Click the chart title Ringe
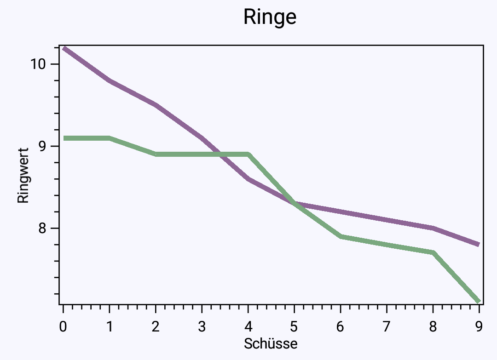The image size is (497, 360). point(270,17)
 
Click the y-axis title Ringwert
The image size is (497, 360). point(23,176)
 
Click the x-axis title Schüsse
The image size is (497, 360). point(271,343)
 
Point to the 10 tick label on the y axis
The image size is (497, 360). point(38,64)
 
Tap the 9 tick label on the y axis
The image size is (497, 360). point(42,146)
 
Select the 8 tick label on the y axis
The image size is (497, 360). point(42,228)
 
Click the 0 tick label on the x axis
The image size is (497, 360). point(63,326)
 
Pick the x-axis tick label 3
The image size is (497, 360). point(202,326)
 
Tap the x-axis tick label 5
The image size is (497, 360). point(294,326)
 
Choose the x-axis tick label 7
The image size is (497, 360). point(387,326)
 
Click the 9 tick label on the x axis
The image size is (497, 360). point(479,326)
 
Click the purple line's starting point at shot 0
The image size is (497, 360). point(64,48)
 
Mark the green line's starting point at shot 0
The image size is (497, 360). point(64,138)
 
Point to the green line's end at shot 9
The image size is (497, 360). point(479,301)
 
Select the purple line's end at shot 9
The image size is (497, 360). point(479,244)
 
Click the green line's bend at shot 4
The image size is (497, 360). point(248,154)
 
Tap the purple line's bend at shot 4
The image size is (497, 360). point(248,179)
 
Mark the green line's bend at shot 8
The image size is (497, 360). point(433,252)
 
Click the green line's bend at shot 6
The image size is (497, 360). point(341,236)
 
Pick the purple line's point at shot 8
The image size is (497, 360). point(433,228)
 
